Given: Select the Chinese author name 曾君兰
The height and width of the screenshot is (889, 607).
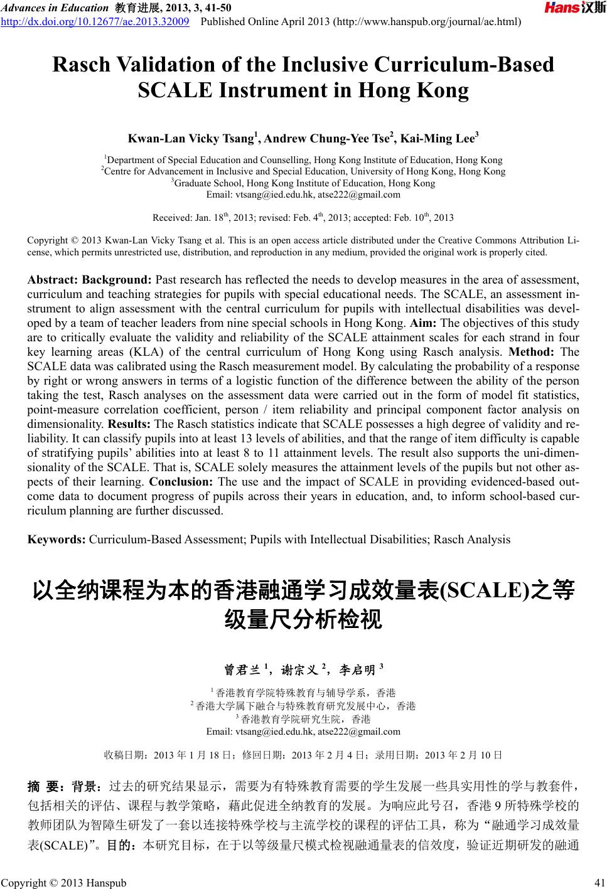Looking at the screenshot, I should point(242,671).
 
